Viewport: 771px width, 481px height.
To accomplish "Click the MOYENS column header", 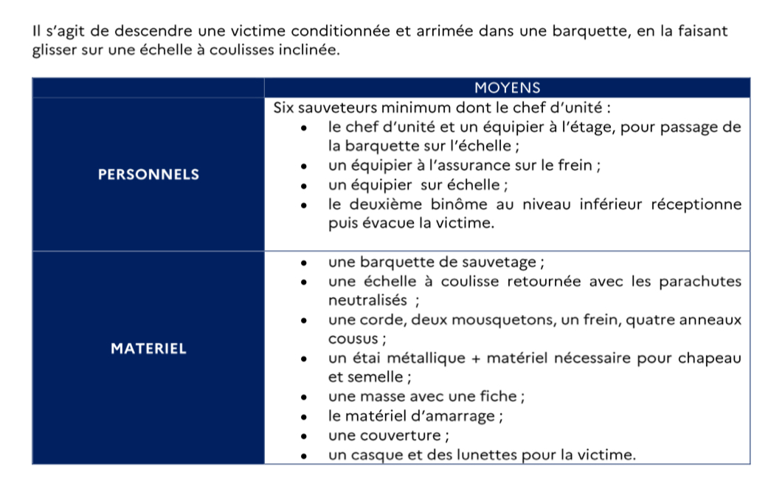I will pyautogui.click(x=507, y=88).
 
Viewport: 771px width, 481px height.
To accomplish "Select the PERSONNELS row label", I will pyautogui.click(x=148, y=175).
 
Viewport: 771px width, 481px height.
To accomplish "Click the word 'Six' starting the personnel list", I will pyautogui.click(x=283, y=108).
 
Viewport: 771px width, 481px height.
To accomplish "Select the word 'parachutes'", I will pyautogui.click(x=699, y=281).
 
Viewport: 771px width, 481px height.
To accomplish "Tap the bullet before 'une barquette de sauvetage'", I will pyautogui.click(x=305, y=263).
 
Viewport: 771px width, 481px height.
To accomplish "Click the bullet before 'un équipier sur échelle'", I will pyautogui.click(x=305, y=185).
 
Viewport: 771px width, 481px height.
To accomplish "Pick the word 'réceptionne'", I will pyautogui.click(x=694, y=204).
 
